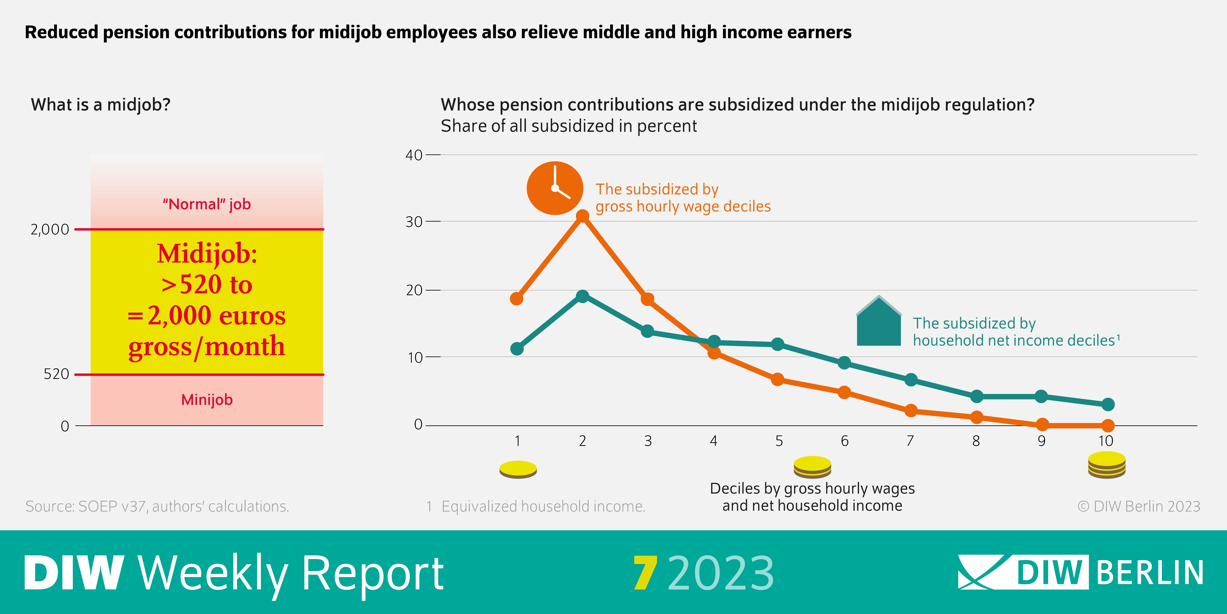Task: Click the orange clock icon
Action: [x=555, y=188]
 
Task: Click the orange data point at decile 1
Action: [x=517, y=299]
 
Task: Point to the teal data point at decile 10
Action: [x=1108, y=404]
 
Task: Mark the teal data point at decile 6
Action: [x=844, y=363]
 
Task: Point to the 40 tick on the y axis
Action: [x=413, y=155]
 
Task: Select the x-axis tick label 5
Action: [x=779, y=441]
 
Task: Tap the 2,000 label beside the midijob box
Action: [x=50, y=230]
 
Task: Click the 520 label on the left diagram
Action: [x=56, y=374]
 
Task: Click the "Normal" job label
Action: [x=207, y=204]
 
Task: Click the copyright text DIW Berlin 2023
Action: [x=1138, y=506]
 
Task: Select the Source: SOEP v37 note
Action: [x=157, y=506]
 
